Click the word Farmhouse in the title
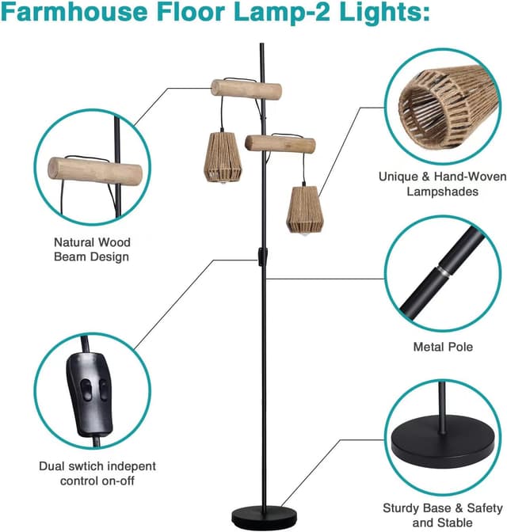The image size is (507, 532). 74,12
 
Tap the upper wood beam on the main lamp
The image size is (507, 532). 246,89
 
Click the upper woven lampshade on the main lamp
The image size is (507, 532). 223,158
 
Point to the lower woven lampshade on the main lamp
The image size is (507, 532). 305,209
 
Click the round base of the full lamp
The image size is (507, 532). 264,517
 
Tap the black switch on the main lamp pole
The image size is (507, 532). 263,256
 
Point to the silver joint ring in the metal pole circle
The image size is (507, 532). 442,271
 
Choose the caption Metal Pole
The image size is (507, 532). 443,347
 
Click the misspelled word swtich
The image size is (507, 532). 88,465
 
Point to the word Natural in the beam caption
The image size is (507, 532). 72,242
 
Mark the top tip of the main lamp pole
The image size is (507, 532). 261,44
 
